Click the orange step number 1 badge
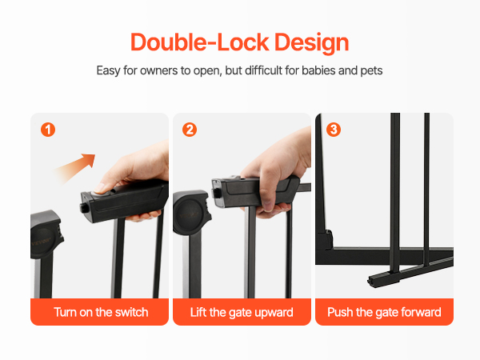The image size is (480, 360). click(48, 130)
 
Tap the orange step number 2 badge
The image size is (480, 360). click(190, 130)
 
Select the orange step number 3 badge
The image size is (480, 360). click(334, 130)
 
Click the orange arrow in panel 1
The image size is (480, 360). click(74, 169)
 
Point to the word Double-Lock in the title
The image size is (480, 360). click(200, 42)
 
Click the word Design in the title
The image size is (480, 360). click(312, 44)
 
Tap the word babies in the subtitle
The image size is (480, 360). click(318, 70)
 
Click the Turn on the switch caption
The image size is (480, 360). click(101, 312)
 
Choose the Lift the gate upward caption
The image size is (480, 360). click(242, 313)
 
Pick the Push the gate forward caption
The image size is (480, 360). click(384, 313)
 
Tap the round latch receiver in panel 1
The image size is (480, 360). click(45, 234)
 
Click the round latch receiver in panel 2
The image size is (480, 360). click(190, 212)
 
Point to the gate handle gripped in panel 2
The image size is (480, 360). click(256, 191)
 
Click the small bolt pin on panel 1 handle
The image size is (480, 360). click(83, 207)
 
